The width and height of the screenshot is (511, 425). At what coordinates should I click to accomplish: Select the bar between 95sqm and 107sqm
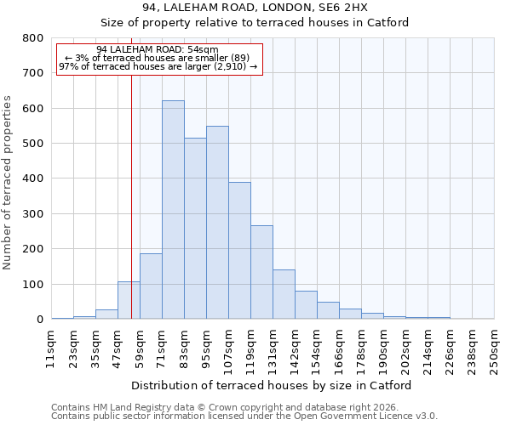tap(217, 223)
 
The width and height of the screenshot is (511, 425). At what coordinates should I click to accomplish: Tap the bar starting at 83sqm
tap(195, 229)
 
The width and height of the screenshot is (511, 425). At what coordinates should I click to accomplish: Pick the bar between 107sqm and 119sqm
tap(239, 251)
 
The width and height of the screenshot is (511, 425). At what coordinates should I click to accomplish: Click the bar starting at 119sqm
tap(261, 272)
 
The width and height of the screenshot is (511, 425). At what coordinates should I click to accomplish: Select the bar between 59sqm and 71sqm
tap(151, 286)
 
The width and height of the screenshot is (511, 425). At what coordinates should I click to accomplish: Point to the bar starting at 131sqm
tap(284, 294)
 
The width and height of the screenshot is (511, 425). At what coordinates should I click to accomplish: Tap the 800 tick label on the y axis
tap(33, 38)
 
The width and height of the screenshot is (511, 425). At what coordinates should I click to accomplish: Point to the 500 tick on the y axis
tap(33, 144)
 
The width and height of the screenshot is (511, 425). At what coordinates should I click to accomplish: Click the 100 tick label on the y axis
tap(33, 285)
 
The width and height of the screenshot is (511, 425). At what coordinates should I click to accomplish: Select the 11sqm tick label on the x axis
tap(51, 348)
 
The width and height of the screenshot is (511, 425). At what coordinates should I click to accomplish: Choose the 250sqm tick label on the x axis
tap(494, 348)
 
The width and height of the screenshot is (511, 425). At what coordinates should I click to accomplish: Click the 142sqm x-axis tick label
tap(295, 348)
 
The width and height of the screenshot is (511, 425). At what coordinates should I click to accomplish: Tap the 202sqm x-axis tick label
tap(405, 348)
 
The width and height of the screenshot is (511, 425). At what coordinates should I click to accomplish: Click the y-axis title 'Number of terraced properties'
tap(8, 183)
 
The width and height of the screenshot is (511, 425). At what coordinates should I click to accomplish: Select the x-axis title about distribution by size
tap(272, 385)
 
